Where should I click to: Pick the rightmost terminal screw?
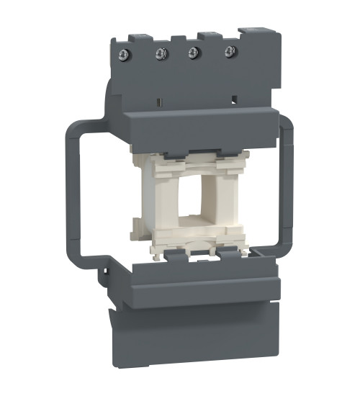(x=230, y=50)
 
